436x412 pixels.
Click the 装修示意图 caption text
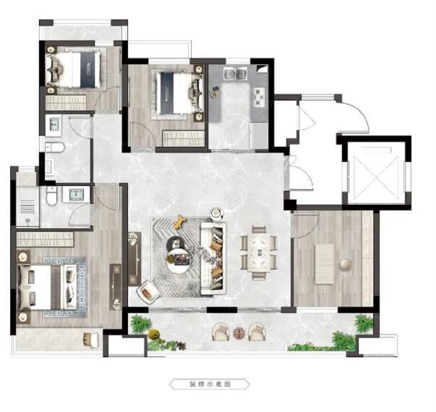[210, 384]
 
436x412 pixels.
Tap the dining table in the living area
[259, 253]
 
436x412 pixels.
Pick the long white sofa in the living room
[213, 258]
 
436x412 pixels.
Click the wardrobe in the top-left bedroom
[66, 102]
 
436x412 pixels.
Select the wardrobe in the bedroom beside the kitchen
[183, 138]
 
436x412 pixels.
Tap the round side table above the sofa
[217, 213]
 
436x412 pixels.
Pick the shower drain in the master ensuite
[28, 220]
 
